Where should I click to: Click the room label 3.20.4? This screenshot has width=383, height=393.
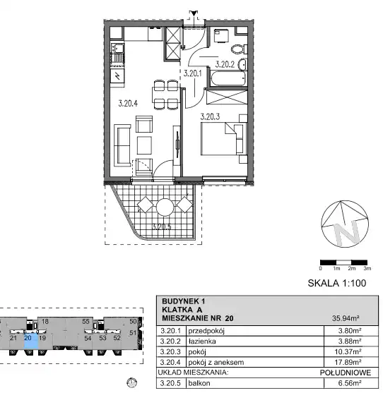pos(128,103)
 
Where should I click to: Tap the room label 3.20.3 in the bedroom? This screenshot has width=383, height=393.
pos(210,116)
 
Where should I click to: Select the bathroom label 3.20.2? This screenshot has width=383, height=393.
pos(225,64)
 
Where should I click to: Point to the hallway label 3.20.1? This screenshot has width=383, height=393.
pos(192,73)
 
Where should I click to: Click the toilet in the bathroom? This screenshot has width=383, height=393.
pos(239,49)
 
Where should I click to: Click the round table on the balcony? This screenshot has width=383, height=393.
pos(165,207)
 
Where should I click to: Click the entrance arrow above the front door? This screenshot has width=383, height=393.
pos(193,13)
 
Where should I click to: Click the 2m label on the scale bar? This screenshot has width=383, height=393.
pos(352,268)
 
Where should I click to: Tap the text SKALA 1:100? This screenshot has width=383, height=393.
pos(337,283)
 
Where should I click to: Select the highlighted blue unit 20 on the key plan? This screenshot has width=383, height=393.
pos(31,339)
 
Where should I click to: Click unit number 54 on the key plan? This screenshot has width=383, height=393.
pos(88,338)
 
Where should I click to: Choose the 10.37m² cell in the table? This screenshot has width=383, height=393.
pos(348,351)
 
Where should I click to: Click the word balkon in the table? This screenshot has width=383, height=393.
pos(199,383)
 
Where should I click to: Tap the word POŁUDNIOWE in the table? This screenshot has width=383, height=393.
pos(346,373)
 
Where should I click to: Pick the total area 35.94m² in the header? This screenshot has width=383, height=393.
pos(346,318)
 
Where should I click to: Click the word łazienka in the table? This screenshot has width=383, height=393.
pos(202,341)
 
